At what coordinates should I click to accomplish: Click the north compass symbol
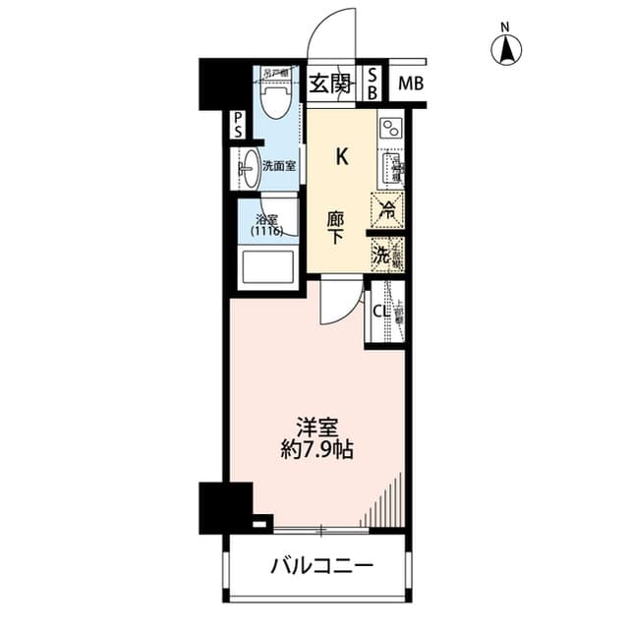(508, 47)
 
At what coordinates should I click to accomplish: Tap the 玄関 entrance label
(330, 84)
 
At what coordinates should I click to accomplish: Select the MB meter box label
(412, 84)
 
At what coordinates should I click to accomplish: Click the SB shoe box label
(373, 84)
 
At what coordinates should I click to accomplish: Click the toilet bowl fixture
(275, 97)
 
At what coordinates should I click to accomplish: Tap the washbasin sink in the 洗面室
(250, 166)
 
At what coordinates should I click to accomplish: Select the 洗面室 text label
(280, 166)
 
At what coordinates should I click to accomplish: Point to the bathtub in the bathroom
(265, 265)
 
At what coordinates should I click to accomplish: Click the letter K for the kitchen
(342, 154)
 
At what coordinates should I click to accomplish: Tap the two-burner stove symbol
(390, 128)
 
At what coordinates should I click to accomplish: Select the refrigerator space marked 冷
(386, 208)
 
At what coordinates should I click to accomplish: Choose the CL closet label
(379, 312)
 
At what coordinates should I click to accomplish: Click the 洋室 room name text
(318, 428)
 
